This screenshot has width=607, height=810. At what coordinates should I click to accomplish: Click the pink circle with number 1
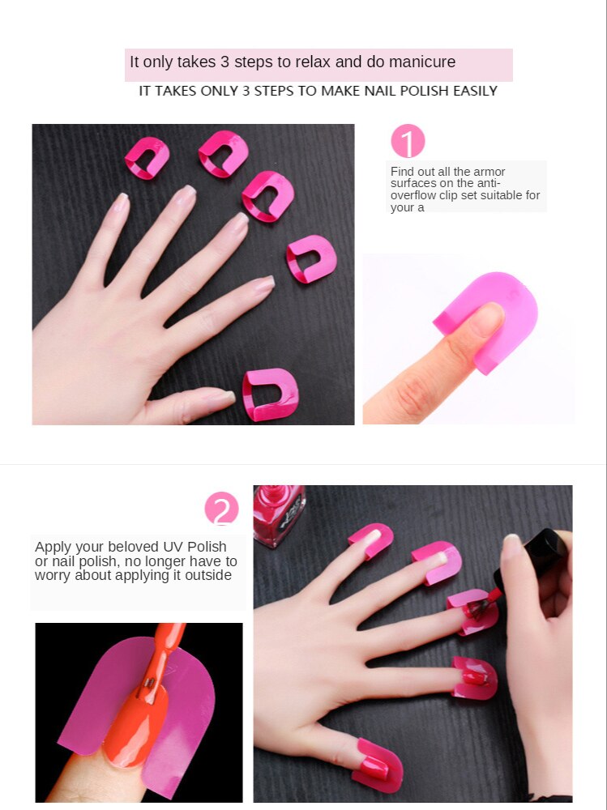coord(408,142)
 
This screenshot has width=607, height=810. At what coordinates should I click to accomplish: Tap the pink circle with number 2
coord(221,509)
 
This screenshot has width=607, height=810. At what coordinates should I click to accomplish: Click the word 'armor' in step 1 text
coord(489,172)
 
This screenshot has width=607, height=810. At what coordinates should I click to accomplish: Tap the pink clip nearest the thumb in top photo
coord(271,394)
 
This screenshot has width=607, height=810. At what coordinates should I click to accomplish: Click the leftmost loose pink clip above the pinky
coord(147,157)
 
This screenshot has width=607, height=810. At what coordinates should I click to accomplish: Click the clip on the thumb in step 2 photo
coord(377,765)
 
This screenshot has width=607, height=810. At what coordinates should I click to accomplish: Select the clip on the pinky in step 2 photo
coord(372,539)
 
